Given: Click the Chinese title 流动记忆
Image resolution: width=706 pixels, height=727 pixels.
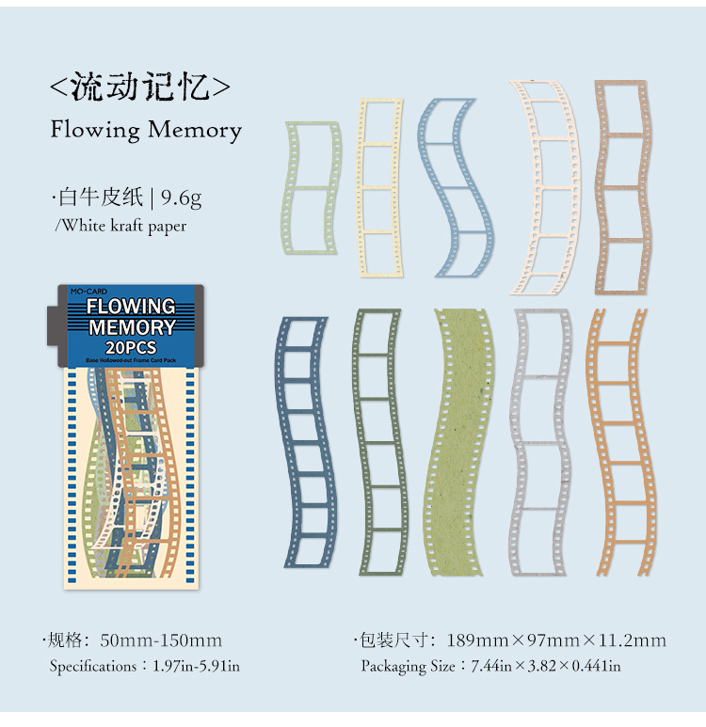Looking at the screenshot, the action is coord(140,87).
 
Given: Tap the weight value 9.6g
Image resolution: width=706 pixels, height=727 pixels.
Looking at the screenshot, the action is coord(181,198).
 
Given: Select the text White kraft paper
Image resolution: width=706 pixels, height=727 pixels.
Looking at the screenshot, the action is coord(123,226).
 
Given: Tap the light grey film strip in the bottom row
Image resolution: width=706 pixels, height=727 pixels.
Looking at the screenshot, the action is coord(540,442).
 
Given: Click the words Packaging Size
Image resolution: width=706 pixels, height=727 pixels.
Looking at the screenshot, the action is coord(409,667).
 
